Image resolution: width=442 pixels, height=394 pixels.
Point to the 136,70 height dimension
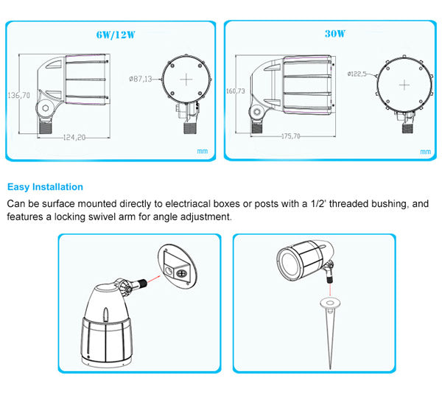coord(18,96)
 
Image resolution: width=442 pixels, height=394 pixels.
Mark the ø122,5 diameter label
coord(357,74)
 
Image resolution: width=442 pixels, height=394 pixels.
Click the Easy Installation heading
coord(45,187)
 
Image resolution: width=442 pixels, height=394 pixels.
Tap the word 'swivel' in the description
coord(110,217)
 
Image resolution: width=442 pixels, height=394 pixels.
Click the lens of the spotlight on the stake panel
coord(287,260)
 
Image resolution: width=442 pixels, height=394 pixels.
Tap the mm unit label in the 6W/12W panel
coord(202,151)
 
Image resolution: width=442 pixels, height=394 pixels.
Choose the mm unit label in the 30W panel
coord(424,151)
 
